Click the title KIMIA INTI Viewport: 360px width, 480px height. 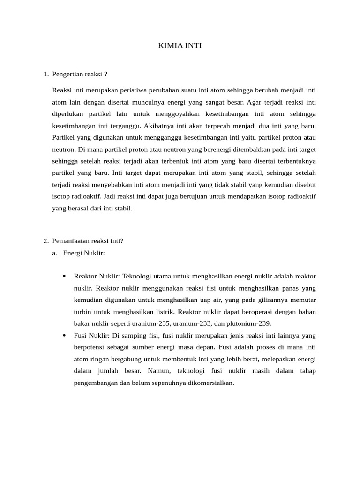click(x=180, y=46)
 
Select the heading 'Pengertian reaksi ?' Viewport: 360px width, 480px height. click(x=80, y=74)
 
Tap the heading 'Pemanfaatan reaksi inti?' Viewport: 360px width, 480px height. click(x=88, y=241)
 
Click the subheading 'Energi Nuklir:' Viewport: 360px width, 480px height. click(x=84, y=253)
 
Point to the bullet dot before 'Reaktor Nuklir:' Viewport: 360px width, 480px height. click(x=64, y=276)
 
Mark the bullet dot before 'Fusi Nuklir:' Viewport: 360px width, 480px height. click(x=64, y=335)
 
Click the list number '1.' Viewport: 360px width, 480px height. click(x=45, y=74)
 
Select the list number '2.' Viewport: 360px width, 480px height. click(x=45, y=241)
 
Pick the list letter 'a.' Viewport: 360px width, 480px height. click(x=55, y=253)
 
